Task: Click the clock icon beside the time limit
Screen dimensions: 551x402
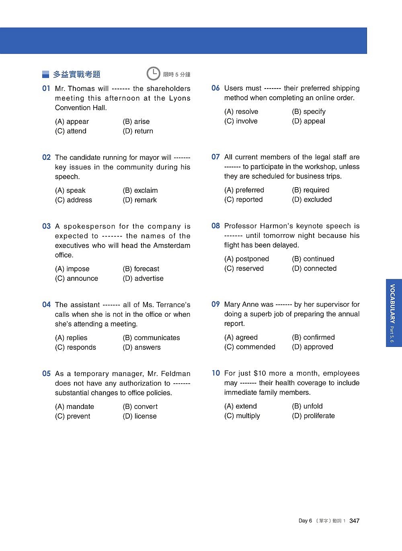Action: (153, 74)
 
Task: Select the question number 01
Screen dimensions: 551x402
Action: (46, 89)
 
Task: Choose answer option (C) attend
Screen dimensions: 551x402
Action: (71, 131)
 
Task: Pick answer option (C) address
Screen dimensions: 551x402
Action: (74, 200)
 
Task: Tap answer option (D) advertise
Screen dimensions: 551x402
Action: (143, 279)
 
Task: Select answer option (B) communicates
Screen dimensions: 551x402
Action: (151, 338)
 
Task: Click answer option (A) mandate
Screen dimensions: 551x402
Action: (74, 407)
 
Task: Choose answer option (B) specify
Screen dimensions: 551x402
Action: (309, 112)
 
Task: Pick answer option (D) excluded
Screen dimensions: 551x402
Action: (312, 200)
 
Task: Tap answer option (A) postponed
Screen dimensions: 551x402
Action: (246, 259)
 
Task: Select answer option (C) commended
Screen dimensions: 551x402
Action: (250, 347)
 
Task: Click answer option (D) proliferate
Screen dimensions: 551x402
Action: (313, 416)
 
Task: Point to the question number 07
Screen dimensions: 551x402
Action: (215, 157)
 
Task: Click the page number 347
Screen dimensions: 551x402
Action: (354, 521)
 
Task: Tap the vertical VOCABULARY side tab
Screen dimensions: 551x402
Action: (393, 313)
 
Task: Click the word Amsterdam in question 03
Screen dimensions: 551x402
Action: (170, 246)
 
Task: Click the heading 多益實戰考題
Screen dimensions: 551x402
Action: (76, 74)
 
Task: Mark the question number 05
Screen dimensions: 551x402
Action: (46, 374)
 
